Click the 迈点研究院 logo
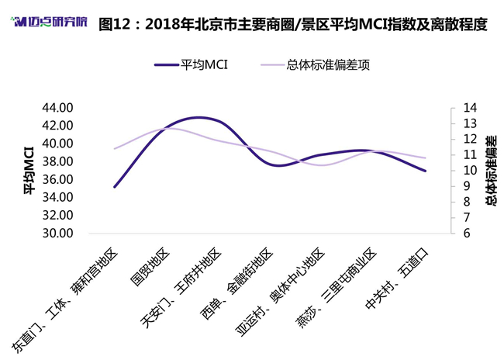coord(49,22)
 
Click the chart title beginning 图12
coord(293,25)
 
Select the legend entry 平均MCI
coord(192,64)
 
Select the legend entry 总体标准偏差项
coord(316,64)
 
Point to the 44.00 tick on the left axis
coord(58,108)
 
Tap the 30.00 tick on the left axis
coord(58,233)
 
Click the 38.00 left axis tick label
coord(58,161)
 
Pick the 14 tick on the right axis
coord(470,108)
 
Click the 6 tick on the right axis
coord(467,233)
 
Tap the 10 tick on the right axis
coord(470,170)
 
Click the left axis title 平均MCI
coord(29,171)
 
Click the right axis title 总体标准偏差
coord(491,171)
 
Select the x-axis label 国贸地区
coord(150,267)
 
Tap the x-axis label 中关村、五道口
coord(398,279)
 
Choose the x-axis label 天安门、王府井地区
coord(181,288)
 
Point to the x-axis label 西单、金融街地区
coord(236,283)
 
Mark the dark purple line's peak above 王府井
coord(199,118)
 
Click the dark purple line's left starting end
coord(115,187)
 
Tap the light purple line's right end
coord(425,158)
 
